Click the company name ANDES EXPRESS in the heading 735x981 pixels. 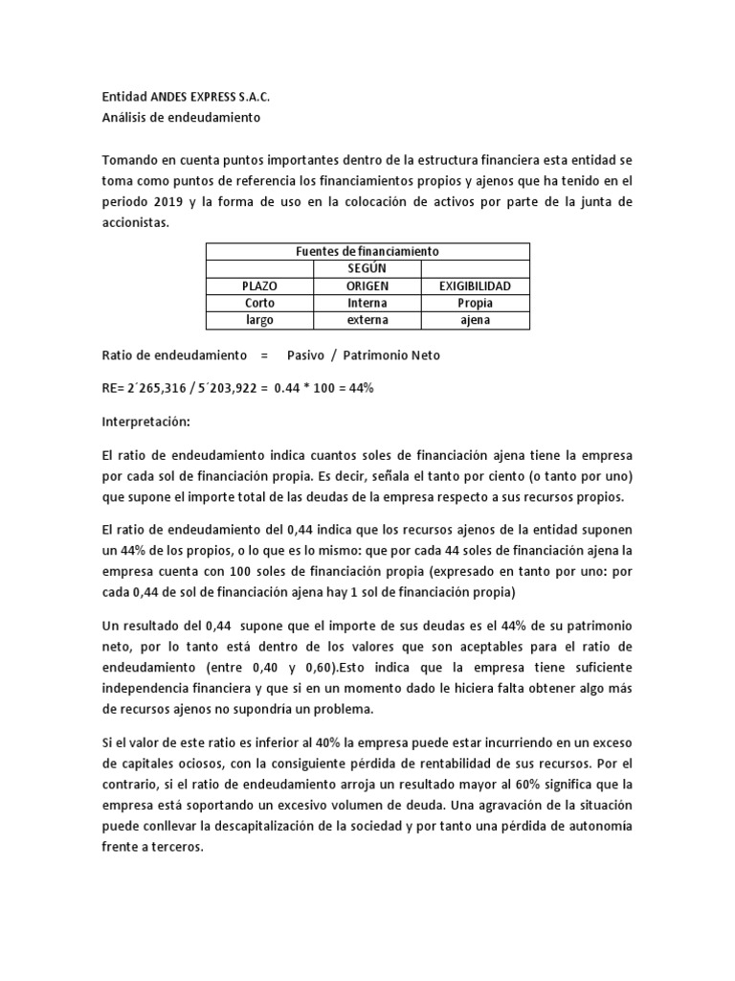(x=191, y=98)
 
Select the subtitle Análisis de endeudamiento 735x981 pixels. (x=180, y=118)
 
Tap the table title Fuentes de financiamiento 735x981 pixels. (x=367, y=251)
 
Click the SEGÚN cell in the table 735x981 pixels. (x=367, y=268)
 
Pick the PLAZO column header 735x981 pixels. (x=259, y=285)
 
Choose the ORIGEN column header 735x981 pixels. (x=367, y=285)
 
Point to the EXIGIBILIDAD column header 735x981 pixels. (x=475, y=285)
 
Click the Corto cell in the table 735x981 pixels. (x=259, y=303)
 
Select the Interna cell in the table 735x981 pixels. (x=367, y=303)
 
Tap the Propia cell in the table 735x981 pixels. (x=475, y=303)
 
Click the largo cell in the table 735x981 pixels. (x=259, y=320)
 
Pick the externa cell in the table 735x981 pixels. (x=367, y=320)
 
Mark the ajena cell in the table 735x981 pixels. (x=475, y=320)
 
